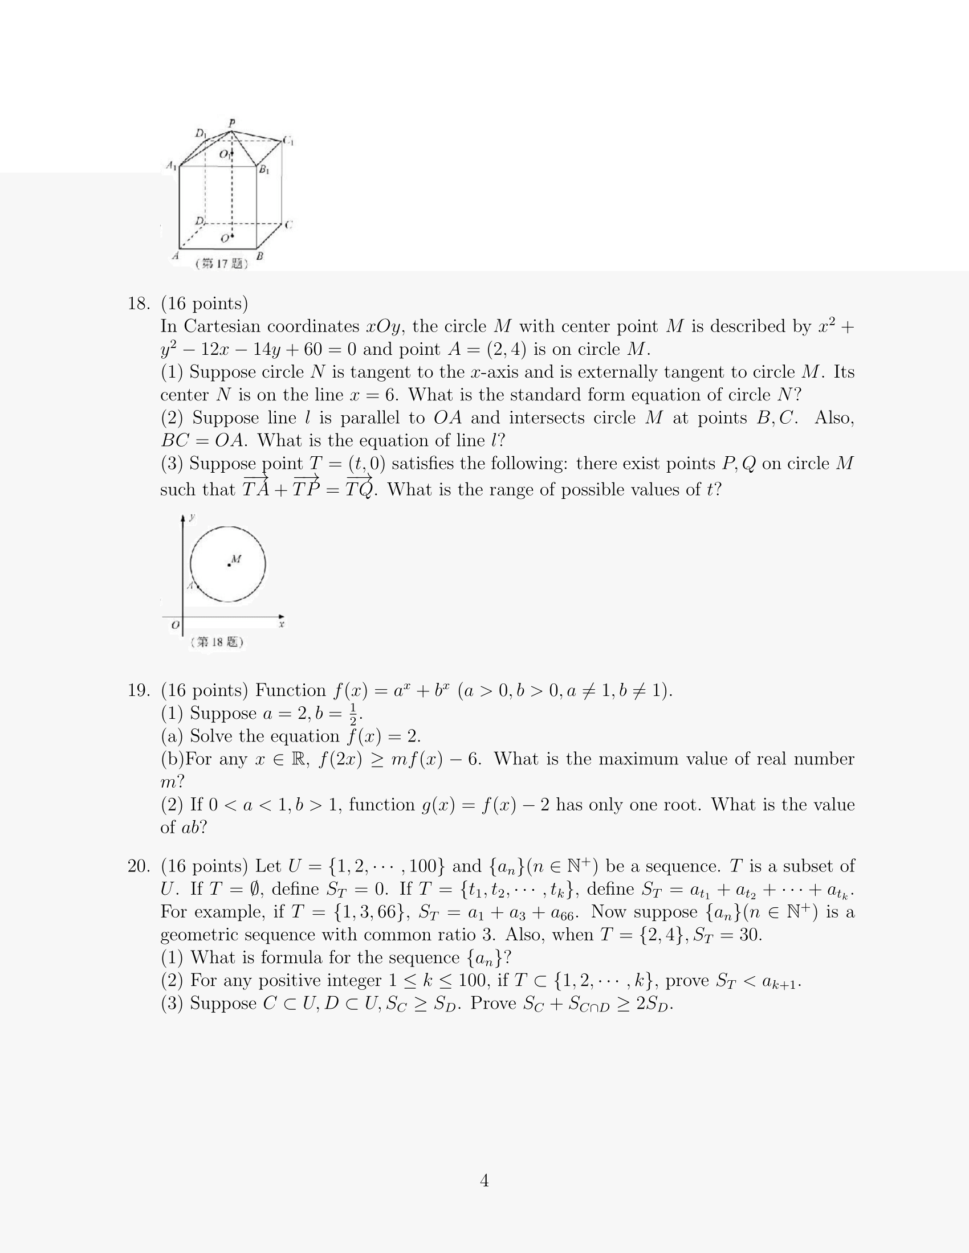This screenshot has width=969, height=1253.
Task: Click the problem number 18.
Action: (x=139, y=304)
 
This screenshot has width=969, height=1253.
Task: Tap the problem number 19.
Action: (x=139, y=690)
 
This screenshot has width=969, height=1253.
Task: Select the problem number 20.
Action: (x=139, y=866)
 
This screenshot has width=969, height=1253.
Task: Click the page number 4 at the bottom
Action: (x=484, y=1180)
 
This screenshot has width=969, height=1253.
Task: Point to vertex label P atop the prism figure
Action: (x=232, y=123)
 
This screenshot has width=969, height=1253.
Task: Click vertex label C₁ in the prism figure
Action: (x=289, y=141)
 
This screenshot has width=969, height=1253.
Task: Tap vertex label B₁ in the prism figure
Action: (x=264, y=170)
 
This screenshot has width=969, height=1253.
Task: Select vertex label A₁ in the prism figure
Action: (x=171, y=166)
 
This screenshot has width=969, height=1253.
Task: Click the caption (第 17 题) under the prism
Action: (x=222, y=263)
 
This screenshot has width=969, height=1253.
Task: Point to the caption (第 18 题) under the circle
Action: (x=217, y=641)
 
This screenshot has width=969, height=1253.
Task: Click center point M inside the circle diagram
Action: (x=229, y=565)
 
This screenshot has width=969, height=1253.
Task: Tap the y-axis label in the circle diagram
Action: (x=192, y=517)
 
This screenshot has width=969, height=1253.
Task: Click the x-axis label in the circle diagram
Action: (x=281, y=624)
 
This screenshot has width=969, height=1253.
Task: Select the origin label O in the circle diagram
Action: (x=175, y=625)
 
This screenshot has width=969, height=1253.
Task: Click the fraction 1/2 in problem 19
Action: (x=353, y=714)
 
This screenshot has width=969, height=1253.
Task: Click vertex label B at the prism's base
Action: (x=259, y=256)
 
